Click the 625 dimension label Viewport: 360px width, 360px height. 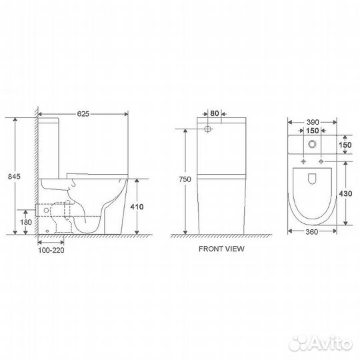(x=83, y=114)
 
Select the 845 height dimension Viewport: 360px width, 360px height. (x=14, y=176)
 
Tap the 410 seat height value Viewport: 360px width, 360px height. (x=137, y=207)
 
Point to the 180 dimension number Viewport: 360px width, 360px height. (x=26, y=222)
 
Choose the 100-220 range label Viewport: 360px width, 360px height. (x=51, y=250)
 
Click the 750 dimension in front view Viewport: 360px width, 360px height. (x=185, y=179)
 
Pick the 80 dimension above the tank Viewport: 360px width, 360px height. (x=215, y=113)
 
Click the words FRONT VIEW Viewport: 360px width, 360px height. (x=221, y=249)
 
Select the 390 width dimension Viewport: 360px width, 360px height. (x=313, y=122)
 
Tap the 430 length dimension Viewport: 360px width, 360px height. (x=345, y=193)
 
